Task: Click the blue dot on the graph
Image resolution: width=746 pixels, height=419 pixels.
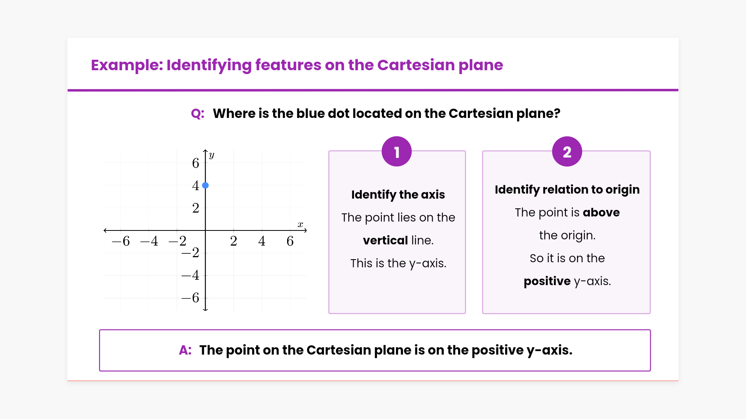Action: coord(206,185)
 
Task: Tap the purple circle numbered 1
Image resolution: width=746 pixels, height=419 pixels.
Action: coord(397,151)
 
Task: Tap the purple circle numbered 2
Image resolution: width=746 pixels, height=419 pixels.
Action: coord(567,151)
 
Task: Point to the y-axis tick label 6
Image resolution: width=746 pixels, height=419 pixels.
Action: coord(195,163)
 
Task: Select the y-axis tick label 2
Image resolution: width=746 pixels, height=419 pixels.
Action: coord(195,208)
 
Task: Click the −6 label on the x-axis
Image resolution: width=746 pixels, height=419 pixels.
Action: coord(121,241)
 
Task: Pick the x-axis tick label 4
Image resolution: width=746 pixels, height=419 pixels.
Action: coord(262,241)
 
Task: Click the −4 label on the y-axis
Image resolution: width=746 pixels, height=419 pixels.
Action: coord(190,275)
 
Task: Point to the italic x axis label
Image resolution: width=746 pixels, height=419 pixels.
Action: coord(300,224)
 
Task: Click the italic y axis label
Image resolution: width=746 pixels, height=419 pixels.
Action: coord(211,155)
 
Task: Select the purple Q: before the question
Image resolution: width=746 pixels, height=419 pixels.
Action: coord(197,114)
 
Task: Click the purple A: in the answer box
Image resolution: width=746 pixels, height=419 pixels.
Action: coord(185,350)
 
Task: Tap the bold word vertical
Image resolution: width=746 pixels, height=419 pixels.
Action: coord(385,241)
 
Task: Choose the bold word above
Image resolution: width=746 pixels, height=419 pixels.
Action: coord(601,213)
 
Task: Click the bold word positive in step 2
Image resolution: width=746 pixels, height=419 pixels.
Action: coord(547,281)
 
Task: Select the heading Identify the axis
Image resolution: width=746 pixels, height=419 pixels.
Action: coord(398,195)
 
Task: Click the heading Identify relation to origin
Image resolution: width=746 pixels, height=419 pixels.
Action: coord(567,190)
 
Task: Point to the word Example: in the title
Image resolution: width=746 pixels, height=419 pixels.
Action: coord(127,66)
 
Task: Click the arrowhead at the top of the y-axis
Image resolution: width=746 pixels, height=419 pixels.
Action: coord(206,151)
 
